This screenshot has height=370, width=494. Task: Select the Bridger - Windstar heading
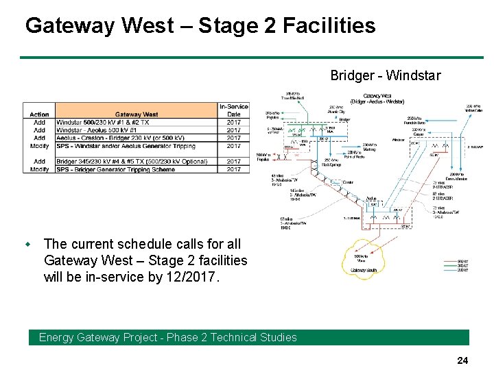(x=386, y=75)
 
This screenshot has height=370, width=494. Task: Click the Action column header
(x=39, y=114)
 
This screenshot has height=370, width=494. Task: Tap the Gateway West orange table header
(x=137, y=114)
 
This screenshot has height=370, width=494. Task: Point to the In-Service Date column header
(x=234, y=110)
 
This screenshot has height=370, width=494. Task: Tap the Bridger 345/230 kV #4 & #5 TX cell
(x=131, y=162)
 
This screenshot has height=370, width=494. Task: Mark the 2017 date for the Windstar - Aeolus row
(x=234, y=130)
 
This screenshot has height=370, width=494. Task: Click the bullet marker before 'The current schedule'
(x=28, y=244)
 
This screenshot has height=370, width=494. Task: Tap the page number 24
(x=462, y=359)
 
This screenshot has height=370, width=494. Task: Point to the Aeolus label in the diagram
(x=371, y=198)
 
